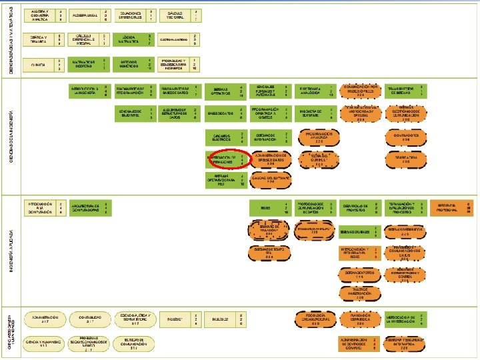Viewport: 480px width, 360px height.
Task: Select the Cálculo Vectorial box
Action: (x=175, y=15)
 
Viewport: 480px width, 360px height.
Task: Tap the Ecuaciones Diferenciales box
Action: (x=130, y=15)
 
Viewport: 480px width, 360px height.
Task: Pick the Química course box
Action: (x=38, y=65)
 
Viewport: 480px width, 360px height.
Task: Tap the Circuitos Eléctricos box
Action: (x=220, y=138)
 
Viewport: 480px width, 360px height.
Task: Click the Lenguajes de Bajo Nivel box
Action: (x=130, y=113)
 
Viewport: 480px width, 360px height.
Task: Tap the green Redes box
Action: (x=265, y=207)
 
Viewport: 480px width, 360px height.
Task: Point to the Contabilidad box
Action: (x=89, y=318)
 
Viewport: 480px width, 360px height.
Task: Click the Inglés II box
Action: (x=220, y=319)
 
